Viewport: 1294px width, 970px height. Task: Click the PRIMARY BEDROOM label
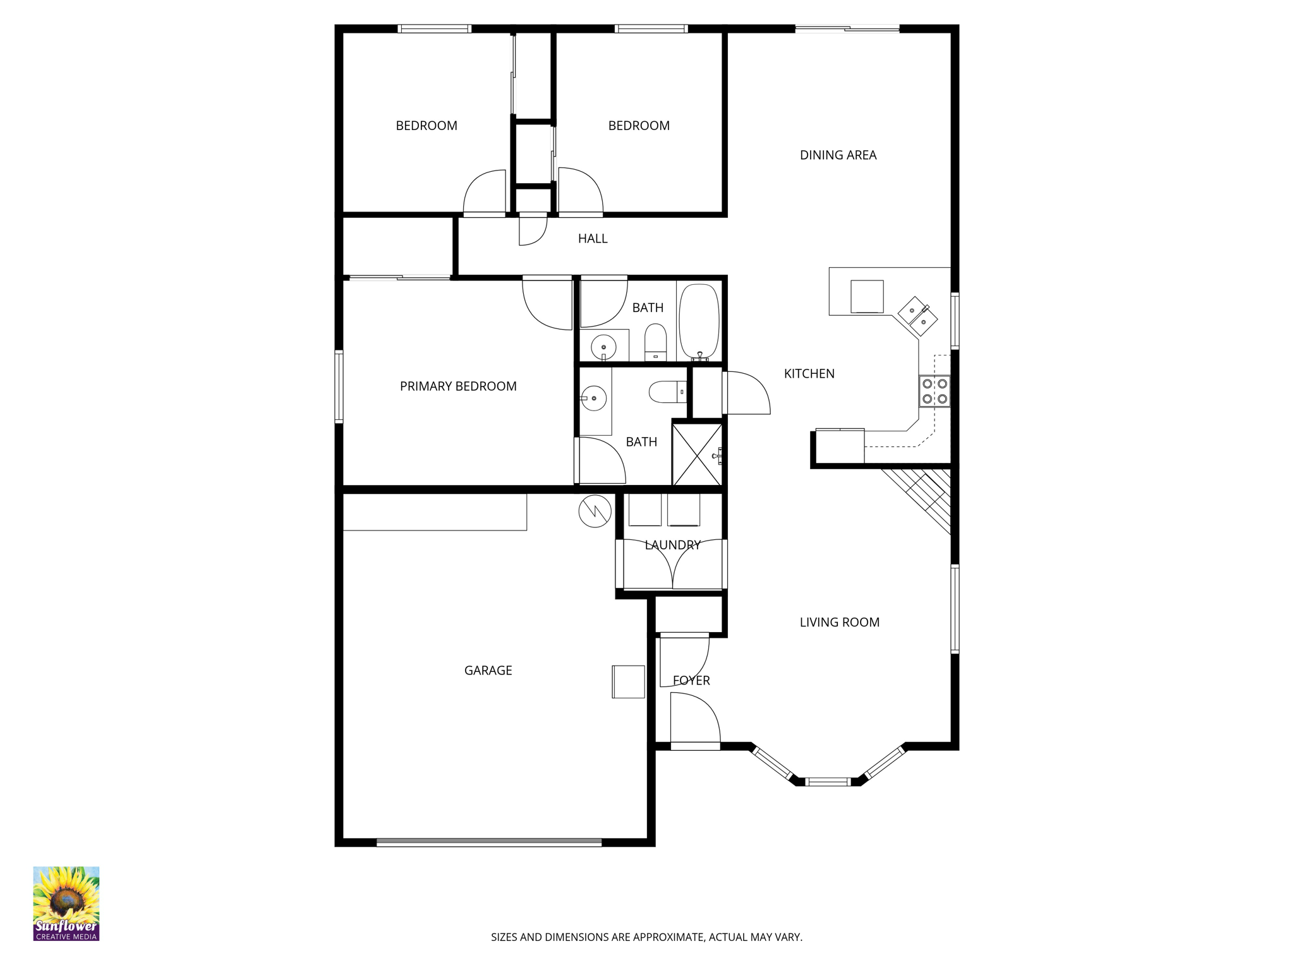pos(458,386)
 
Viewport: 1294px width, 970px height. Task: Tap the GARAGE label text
pos(488,670)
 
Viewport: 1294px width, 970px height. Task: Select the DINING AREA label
pos(838,155)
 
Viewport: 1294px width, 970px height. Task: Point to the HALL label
pos(592,238)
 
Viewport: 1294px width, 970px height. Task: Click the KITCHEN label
pos(809,373)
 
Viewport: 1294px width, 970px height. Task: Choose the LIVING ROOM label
pos(839,622)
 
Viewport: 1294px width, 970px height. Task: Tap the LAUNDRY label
pos(672,544)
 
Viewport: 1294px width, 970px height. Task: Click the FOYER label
pos(691,680)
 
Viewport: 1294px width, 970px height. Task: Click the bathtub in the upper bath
pos(699,321)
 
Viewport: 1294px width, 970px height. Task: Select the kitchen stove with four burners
pos(934,391)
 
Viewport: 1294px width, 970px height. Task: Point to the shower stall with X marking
pos(697,455)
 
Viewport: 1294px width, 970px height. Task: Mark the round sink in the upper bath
pos(603,347)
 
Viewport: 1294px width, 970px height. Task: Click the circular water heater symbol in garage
pos(595,511)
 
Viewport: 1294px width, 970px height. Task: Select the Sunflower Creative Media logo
pos(66,903)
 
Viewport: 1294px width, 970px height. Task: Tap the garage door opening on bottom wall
pos(489,842)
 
